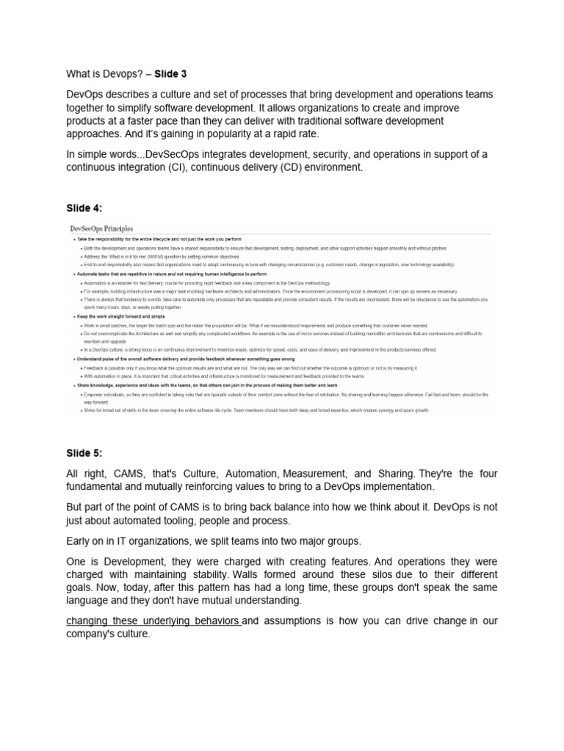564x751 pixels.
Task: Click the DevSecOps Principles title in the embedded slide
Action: (101, 229)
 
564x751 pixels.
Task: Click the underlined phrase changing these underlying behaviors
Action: (153, 621)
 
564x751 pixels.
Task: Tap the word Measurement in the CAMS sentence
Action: (303, 473)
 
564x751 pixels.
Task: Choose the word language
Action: (91, 600)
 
